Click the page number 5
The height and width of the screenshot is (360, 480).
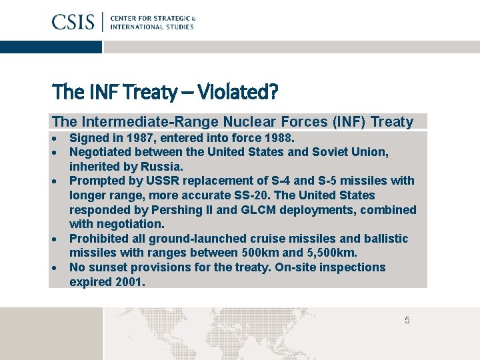point(407,321)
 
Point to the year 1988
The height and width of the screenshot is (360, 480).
point(279,138)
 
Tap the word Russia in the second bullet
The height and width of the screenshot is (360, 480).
point(161,167)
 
